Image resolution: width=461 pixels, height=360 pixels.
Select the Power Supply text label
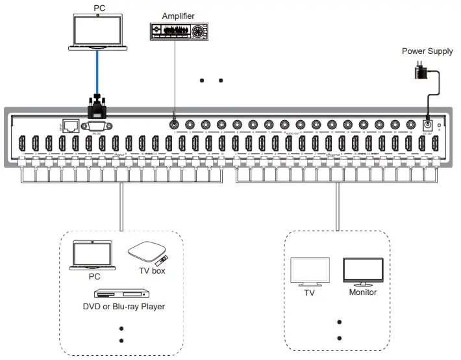click(427, 51)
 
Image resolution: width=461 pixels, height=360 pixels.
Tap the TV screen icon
click(310, 272)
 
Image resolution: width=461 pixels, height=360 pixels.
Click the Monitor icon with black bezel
click(363, 272)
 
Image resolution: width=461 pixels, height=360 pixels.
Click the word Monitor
click(363, 292)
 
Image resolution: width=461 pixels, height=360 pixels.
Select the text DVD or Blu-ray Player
click(123, 307)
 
